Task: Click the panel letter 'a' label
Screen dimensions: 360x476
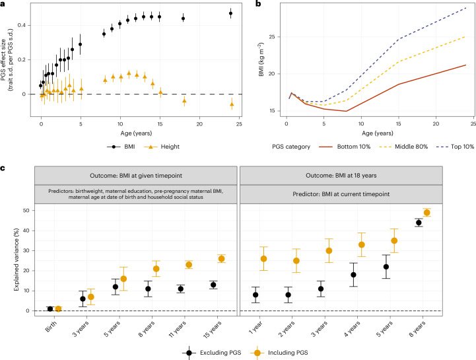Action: [3, 4]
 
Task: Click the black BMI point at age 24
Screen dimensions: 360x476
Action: [230, 13]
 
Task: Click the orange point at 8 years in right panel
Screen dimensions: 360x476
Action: [444, 212]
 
